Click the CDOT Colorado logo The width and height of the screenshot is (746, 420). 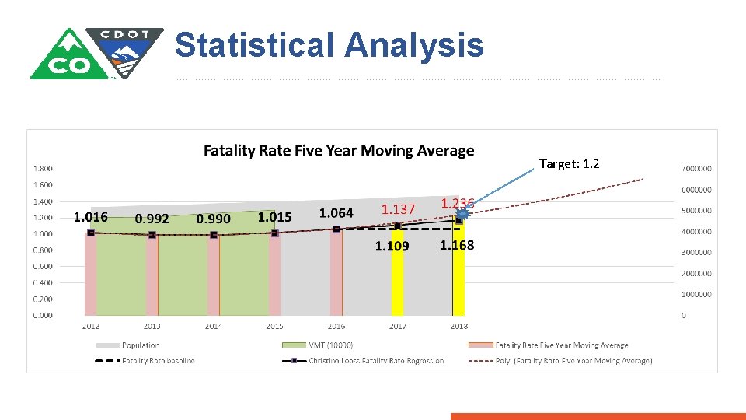point(96,53)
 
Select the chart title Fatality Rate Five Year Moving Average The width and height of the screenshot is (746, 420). point(338,151)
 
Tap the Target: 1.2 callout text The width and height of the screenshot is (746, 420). point(569,164)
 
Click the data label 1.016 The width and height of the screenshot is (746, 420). point(90,216)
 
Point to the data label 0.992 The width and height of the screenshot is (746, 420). point(152,219)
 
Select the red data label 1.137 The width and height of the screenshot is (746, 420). point(398,208)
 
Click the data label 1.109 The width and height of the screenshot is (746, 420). point(392,247)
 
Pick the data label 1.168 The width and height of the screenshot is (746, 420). point(457,246)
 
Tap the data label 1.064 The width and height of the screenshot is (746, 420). point(336,212)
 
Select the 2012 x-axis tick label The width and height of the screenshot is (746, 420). point(91,326)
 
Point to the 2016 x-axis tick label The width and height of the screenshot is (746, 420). point(336,326)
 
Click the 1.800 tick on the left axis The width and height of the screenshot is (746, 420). point(43,169)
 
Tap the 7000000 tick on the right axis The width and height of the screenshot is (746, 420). point(697,169)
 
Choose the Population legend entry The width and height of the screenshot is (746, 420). point(140,345)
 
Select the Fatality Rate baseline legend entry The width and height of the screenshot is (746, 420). point(158,360)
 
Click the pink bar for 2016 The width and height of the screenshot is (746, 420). point(336,272)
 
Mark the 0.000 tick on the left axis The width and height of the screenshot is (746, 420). point(43,315)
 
